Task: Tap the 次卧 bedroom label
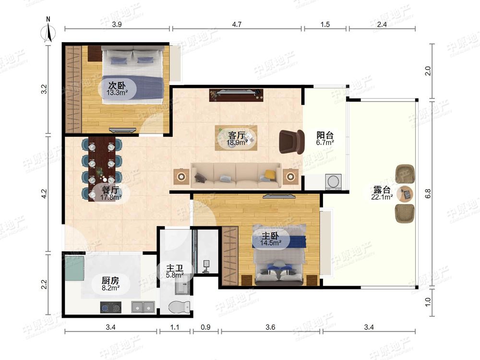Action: (x=117, y=88)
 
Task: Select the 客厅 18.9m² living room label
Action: (x=237, y=138)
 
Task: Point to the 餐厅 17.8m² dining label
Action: (x=110, y=193)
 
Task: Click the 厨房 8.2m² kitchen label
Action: (x=110, y=284)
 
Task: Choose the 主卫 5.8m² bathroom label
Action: (x=175, y=271)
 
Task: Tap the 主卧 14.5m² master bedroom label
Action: (x=270, y=239)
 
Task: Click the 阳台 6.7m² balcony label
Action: (x=325, y=138)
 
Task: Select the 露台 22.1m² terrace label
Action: (x=382, y=193)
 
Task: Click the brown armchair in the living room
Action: (x=292, y=141)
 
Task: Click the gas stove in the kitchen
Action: (x=110, y=307)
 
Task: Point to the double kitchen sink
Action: (x=143, y=307)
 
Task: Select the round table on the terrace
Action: (x=405, y=193)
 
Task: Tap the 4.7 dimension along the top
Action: (x=237, y=24)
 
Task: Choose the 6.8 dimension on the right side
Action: (x=428, y=193)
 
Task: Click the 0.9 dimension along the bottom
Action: (x=206, y=327)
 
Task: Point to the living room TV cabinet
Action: (x=236, y=95)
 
